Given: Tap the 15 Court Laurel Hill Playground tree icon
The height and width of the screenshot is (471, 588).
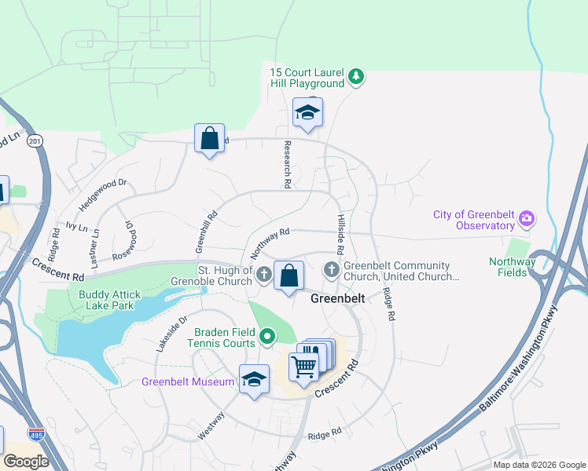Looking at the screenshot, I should coord(357,76).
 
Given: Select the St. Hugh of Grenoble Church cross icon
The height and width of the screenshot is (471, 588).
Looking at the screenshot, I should coord(264,275).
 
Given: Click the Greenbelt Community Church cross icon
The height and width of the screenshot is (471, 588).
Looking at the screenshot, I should coord(332,270).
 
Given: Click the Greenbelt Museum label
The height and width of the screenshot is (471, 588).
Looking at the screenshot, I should coord(188,382).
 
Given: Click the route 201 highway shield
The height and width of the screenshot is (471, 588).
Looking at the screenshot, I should coord(34,141).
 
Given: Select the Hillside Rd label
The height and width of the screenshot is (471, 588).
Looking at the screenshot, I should coord(340,234).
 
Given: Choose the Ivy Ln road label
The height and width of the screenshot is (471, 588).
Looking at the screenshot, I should coord(76,225).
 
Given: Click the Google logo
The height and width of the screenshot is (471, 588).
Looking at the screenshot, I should coord(25,461).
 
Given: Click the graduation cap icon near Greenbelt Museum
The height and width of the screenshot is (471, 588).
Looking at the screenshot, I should coord(254,380).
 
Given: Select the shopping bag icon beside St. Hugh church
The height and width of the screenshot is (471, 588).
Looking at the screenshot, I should coord(289,276).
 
